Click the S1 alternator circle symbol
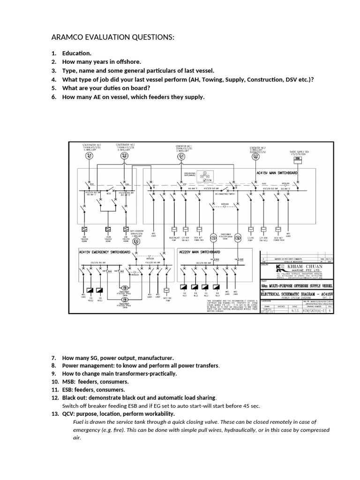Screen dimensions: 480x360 [x=88, y=156]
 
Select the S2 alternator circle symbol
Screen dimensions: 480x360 [x=124, y=156]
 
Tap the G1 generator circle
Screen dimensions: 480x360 [x=181, y=157]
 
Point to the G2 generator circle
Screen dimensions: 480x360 [x=255, y=157]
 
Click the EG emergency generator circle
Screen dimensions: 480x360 [x=136, y=242]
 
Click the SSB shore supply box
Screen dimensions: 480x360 [x=297, y=158]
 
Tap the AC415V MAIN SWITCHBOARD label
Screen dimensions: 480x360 [x=277, y=172]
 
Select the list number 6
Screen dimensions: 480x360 [x=54, y=97]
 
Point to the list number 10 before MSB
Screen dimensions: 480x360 [x=55, y=382]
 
